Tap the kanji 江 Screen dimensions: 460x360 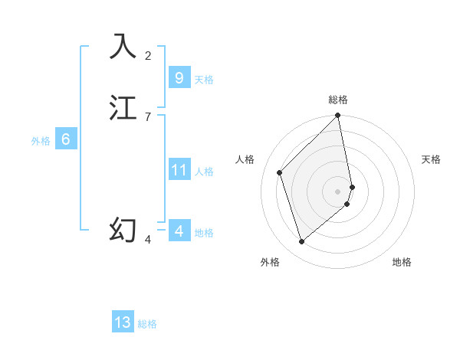[x=123, y=107]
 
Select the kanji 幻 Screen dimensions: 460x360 [x=123, y=230]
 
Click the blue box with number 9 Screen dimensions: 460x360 [x=179, y=78]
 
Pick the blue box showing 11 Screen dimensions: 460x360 [x=179, y=170]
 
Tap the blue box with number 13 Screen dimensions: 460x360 [x=123, y=322]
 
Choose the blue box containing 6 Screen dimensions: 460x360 [x=65, y=139]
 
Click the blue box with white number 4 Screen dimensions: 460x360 [x=179, y=231]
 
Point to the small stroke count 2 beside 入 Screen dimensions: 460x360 [x=148, y=55]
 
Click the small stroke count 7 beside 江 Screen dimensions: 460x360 [x=148, y=116]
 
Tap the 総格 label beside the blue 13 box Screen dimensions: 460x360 [x=147, y=324]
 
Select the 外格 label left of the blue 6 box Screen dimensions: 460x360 [x=41, y=141]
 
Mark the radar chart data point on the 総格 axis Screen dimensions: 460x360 [x=337, y=116]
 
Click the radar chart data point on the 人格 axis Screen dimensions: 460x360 [x=280, y=172]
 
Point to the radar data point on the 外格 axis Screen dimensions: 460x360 [x=302, y=242]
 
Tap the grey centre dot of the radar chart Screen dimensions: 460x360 [x=337, y=191]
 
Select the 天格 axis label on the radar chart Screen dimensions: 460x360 [x=431, y=159]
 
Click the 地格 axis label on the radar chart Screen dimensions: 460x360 [x=402, y=263]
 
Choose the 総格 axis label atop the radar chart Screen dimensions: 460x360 [x=337, y=100]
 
